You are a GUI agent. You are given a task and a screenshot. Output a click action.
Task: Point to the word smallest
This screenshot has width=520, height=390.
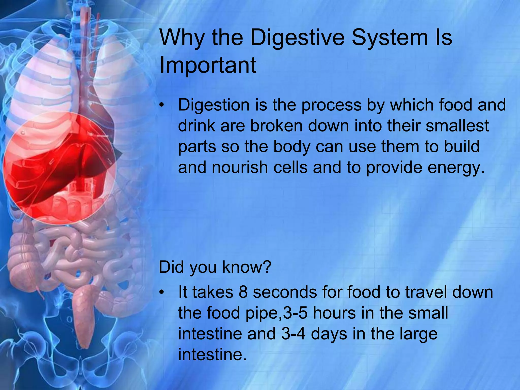(x=457, y=126)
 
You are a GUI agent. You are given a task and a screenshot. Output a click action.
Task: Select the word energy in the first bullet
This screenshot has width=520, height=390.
(x=456, y=168)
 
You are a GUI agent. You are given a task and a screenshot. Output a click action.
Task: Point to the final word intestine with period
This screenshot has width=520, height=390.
(x=212, y=354)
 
